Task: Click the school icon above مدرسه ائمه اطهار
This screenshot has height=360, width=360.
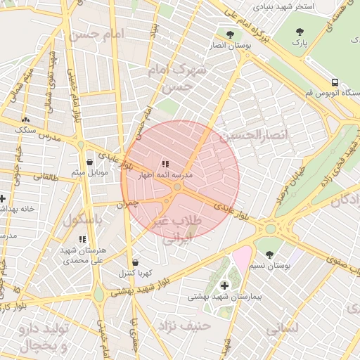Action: [165, 164]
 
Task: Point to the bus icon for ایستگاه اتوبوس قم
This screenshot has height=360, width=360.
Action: [334, 82]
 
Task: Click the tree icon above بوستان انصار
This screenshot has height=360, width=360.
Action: [230, 34]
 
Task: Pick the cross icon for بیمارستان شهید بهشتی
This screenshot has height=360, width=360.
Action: [225, 285]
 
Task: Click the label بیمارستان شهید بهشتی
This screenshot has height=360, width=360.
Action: [224, 297]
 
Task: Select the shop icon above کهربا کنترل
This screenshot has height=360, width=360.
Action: [135, 262]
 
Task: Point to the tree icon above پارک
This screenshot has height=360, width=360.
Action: [300, 32]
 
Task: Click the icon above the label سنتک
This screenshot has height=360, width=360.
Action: [25, 120]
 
